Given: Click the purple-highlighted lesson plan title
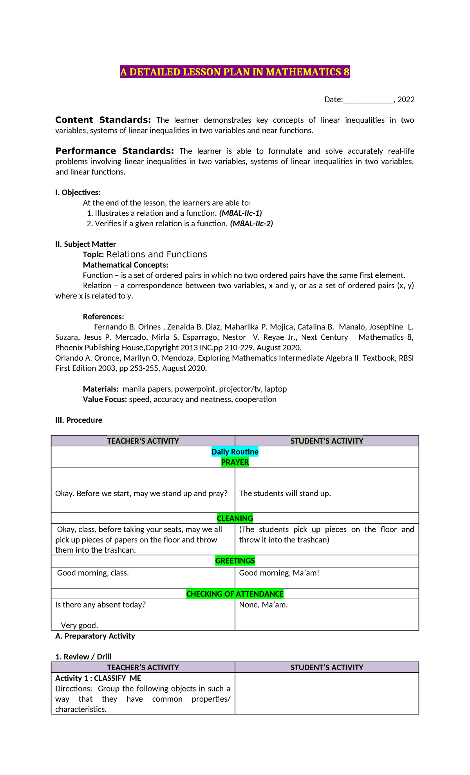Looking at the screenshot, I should click(235, 72).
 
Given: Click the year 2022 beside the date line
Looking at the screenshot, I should click(406, 100).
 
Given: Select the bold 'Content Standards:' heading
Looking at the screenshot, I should click(103, 120).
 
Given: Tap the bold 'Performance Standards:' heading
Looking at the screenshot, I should click(114, 151).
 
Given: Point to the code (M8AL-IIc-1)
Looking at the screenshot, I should click(240, 213).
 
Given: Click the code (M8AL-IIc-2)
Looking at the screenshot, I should click(251, 224).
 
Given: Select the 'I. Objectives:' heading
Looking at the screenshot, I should click(78, 193).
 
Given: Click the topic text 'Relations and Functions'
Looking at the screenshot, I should click(157, 255).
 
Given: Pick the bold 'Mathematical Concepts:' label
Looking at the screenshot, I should click(125, 265).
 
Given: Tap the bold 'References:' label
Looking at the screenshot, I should click(103, 317).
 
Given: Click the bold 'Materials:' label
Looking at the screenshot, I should click(101, 389).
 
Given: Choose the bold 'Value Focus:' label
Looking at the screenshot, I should click(105, 399).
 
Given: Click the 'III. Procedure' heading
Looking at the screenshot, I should click(79, 420).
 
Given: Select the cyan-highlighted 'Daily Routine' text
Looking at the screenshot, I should click(235, 452).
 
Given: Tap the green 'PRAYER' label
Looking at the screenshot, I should click(235, 462).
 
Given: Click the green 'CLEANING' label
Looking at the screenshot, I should click(235, 518).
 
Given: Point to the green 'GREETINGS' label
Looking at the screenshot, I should click(235, 561).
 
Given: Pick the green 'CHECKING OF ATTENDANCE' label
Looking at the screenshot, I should click(235, 594).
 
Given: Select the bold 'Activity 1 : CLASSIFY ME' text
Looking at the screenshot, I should click(98, 678).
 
